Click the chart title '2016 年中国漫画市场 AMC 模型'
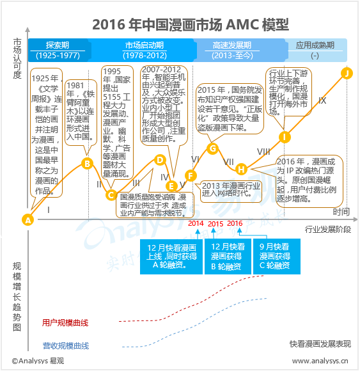pos(181,24)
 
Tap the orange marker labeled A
pos(27,219)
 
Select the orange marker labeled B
pos(87,163)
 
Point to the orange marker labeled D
pos(160,160)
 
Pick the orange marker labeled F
pos(189,175)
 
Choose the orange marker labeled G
pos(213,149)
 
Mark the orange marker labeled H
pos(241,170)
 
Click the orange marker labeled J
pos(347,73)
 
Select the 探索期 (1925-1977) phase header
pos(58,50)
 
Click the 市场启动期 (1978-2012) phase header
pos(144,50)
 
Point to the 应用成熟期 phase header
pos(315,50)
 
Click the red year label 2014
pos(196,223)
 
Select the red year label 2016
pos(235,223)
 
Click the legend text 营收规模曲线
pos(65,346)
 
